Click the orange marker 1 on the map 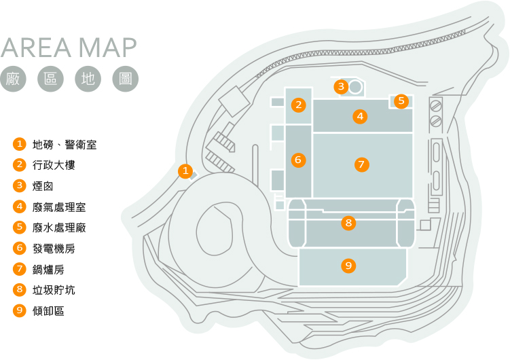coord(185,170)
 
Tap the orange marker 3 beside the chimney coord(341,86)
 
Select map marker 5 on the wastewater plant coord(401,101)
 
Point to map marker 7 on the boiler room coord(362,164)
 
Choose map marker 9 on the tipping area coord(348,266)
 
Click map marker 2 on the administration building coord(299,105)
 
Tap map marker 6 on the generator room coord(298,160)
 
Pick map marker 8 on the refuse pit coord(348,223)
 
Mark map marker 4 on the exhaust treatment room coord(360,116)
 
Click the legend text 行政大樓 coord(54,165)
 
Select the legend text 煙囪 coord(43,186)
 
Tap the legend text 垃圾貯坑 coord(54,290)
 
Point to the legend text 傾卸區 coord(48,311)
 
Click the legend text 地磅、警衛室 coord(65,145)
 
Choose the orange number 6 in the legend coord(20,248)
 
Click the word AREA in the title coord(36,48)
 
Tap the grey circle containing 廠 coord(13,79)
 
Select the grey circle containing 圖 coord(126,79)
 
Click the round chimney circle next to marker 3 coord(355,86)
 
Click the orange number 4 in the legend coord(20,206)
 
